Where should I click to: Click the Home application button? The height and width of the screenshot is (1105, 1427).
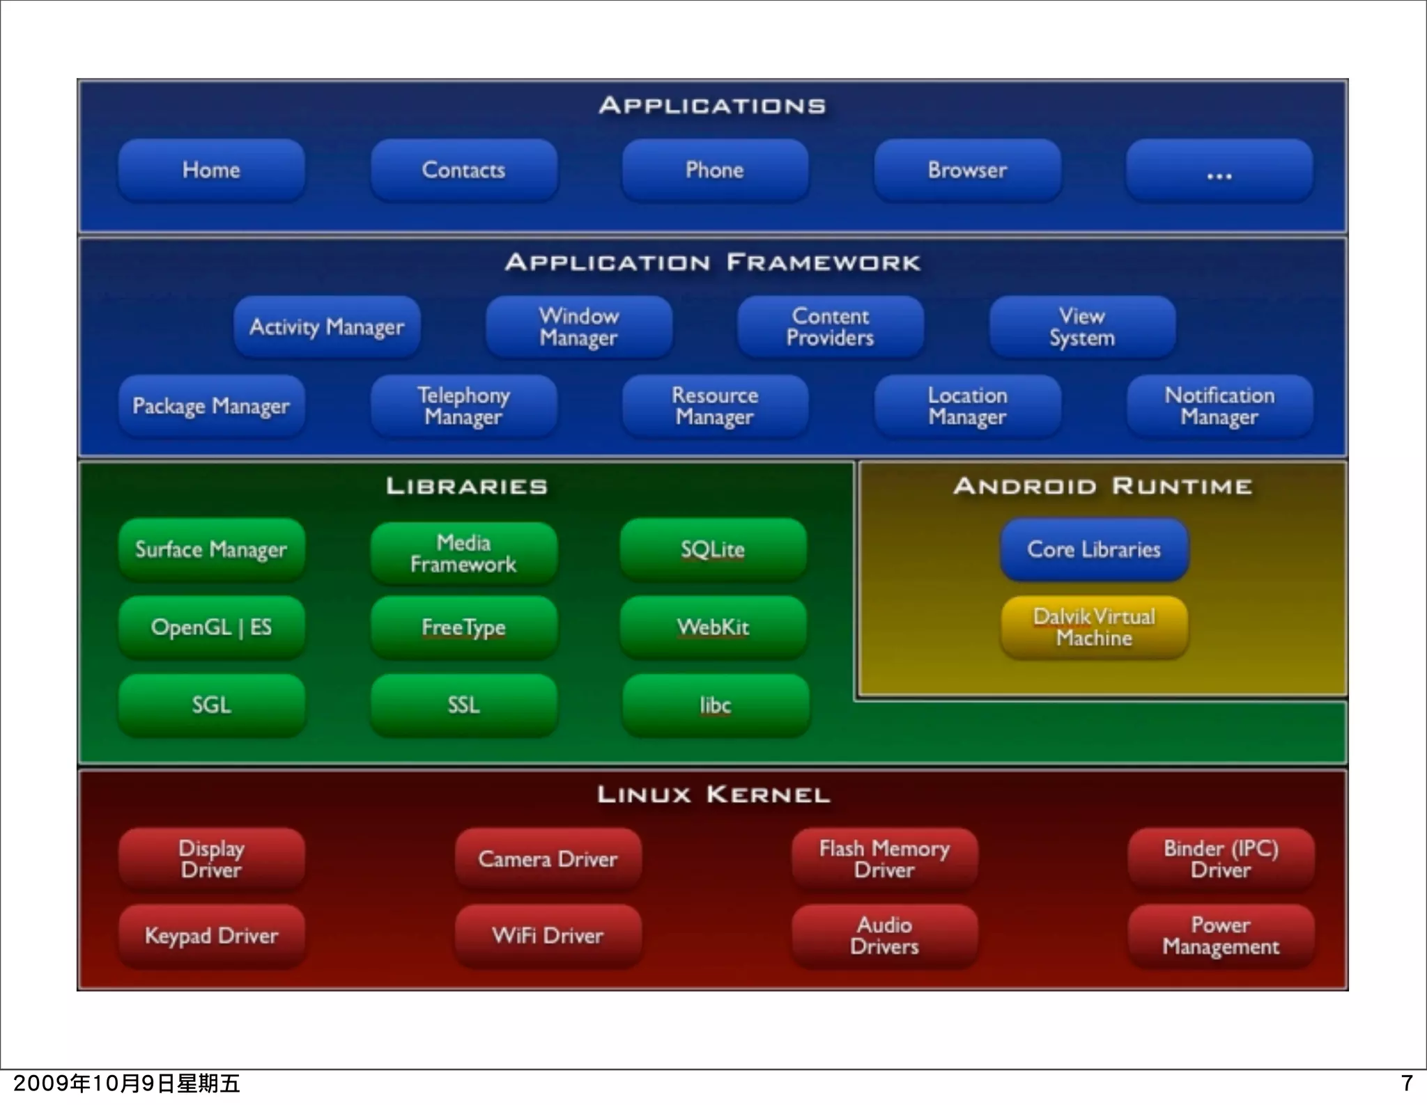211,171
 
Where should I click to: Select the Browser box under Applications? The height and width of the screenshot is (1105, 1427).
967,171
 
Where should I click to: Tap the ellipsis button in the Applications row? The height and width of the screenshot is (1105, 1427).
1219,171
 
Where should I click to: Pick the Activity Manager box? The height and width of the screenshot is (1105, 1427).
327,327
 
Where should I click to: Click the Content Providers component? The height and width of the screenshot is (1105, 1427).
831,327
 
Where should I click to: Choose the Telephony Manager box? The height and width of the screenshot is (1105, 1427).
463,406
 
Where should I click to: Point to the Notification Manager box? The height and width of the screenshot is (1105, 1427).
1219,406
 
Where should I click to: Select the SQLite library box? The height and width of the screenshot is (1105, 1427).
713,550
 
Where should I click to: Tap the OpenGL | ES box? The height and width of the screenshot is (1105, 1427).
211,627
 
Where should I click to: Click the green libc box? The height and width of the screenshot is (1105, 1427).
716,705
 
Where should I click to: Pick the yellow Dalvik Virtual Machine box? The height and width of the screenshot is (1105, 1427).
1094,627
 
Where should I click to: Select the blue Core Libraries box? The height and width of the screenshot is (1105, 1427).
1094,550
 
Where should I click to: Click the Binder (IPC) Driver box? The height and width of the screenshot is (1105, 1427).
1221,859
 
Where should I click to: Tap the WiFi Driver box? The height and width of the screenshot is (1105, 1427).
548,936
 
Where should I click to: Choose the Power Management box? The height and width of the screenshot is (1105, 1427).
1221,936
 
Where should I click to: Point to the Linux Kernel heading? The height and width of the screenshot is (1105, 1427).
713,794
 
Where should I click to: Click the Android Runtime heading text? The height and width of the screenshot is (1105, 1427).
1102,486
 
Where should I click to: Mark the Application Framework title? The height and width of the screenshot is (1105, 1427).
713,262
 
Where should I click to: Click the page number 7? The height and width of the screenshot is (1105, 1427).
1407,1083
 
